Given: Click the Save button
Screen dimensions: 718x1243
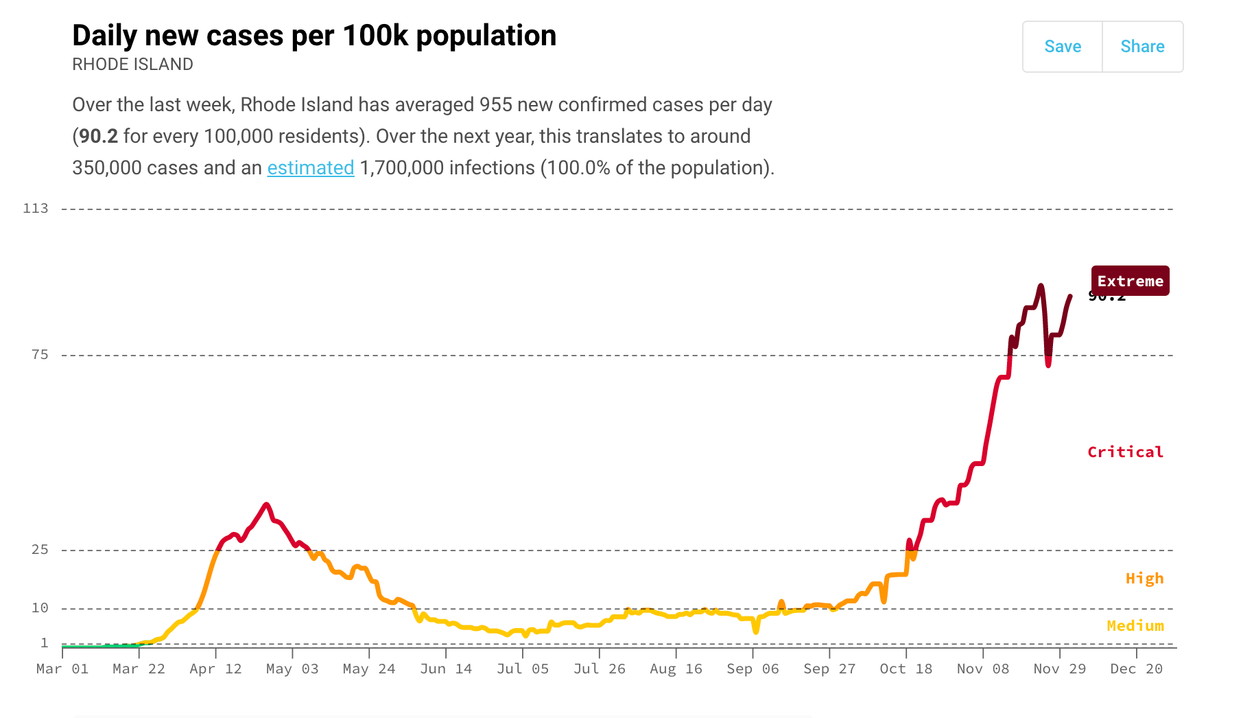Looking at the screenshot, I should (1062, 47).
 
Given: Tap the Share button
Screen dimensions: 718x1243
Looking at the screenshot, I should (1142, 47).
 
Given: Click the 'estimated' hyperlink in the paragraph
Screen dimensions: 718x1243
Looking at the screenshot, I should (310, 167).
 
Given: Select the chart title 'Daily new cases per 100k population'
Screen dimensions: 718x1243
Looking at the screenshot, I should (314, 36).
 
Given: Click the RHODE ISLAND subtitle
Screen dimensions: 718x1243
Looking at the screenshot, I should (132, 65).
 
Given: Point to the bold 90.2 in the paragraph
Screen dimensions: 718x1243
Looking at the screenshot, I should (98, 136).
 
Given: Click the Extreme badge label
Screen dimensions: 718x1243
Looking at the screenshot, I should (1130, 281).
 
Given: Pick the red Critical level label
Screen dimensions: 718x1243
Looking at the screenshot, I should (1125, 452).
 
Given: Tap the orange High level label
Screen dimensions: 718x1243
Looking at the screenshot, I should (1144, 578).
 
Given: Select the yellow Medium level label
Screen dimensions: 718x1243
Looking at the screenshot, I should (1135, 625).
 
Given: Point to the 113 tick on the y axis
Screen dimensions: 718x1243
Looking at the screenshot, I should (36, 208).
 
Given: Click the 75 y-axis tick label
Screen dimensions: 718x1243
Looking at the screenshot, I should (40, 354).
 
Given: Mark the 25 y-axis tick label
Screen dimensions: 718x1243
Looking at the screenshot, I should (40, 549).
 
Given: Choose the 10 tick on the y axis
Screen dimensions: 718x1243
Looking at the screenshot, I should (40, 607).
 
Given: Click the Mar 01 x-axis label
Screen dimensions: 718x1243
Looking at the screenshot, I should (62, 669).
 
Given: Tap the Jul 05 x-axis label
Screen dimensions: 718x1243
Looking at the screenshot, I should (523, 669).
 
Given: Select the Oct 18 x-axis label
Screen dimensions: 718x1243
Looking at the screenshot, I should (906, 669).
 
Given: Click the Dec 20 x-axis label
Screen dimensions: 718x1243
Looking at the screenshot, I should (1136, 669).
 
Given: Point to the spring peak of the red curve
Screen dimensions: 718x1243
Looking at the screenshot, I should (266, 505).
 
